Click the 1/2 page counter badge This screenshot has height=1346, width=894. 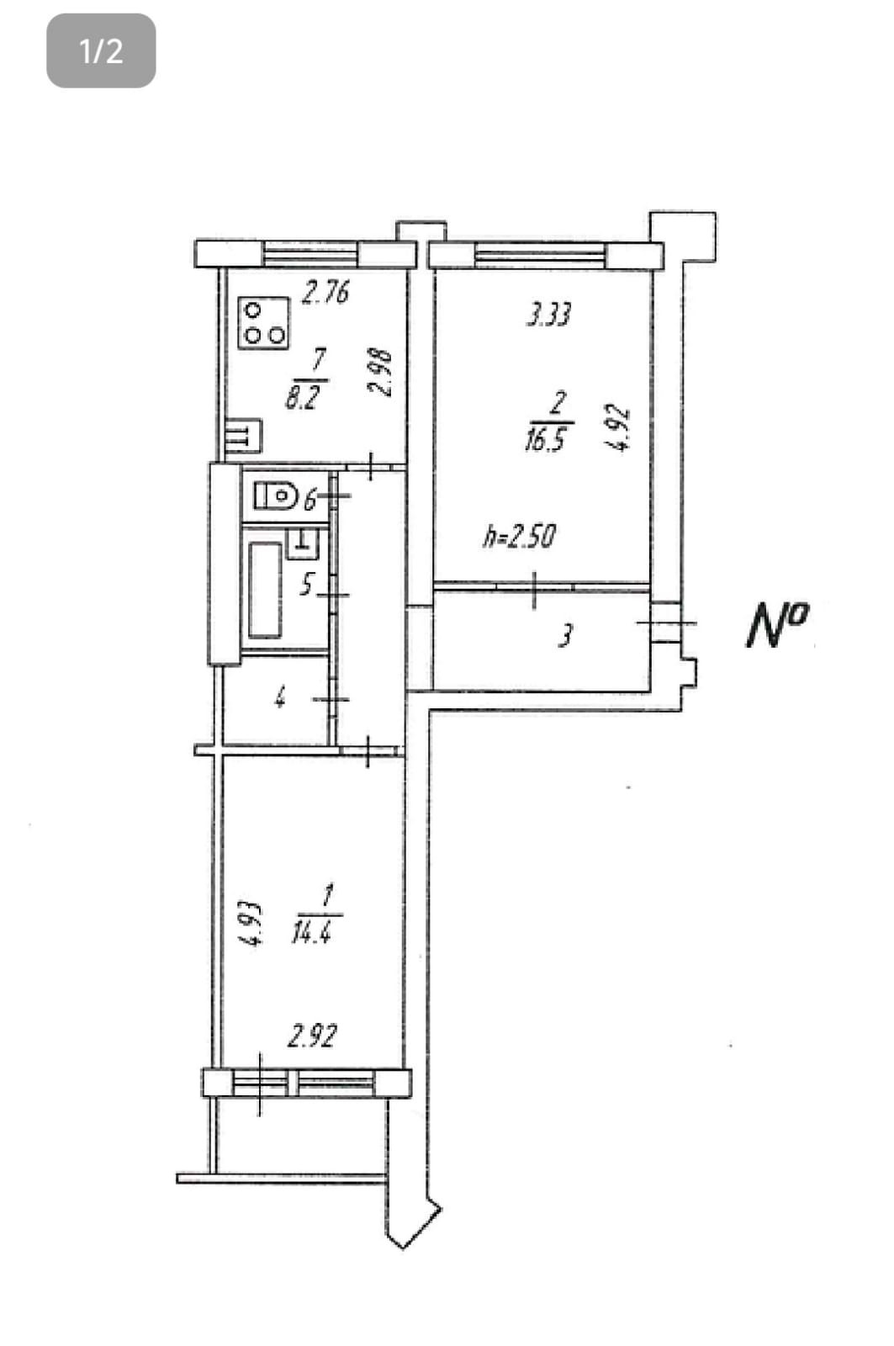(101, 50)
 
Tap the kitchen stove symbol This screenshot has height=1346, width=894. (262, 323)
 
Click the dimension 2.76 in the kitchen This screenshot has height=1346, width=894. (325, 293)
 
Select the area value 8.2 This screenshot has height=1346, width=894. (301, 397)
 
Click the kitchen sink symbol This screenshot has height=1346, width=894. (243, 436)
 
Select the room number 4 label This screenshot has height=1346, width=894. (280, 697)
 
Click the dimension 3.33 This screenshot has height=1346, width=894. (548, 315)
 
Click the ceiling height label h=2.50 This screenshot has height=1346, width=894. (519, 536)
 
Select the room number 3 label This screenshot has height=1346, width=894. (566, 635)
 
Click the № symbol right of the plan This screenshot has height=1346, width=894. (777, 624)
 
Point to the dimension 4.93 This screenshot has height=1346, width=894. (251, 925)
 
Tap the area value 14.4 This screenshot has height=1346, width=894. (310, 932)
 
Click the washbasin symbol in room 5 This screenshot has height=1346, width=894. (302, 543)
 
